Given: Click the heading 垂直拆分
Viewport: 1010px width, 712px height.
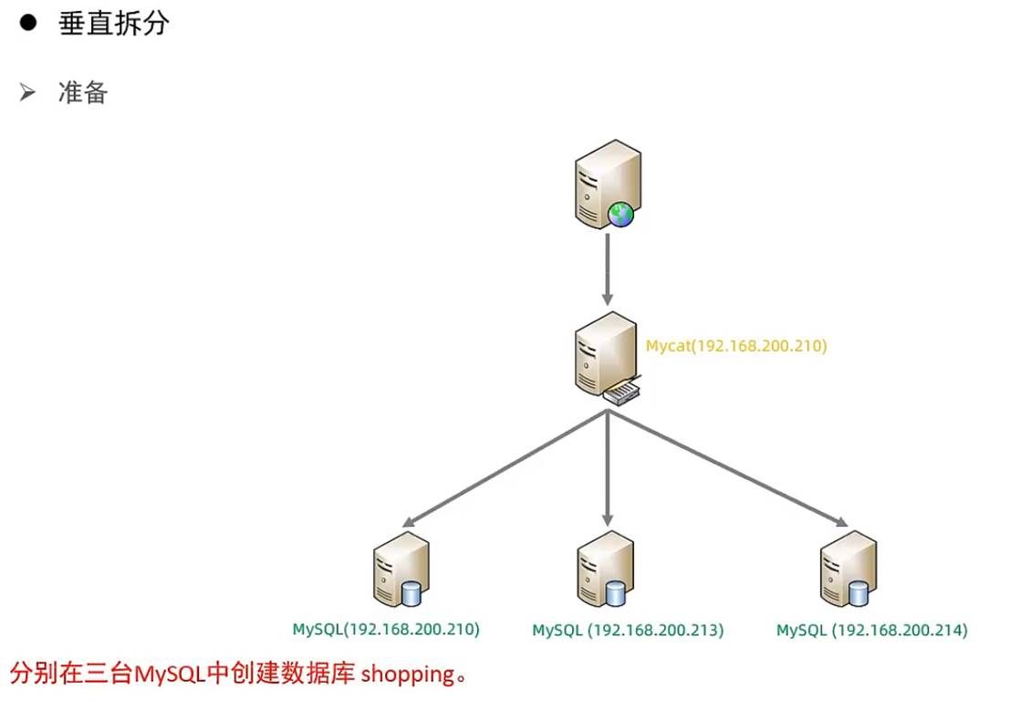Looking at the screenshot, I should (114, 24).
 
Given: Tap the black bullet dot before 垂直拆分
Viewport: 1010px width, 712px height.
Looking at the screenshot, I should (26, 24).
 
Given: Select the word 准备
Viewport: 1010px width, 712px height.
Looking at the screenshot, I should (82, 93).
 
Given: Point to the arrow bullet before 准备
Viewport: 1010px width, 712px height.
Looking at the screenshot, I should (27, 93).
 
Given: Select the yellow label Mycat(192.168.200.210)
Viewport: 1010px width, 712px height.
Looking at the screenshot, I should (736, 346).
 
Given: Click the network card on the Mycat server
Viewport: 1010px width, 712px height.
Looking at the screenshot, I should (624, 393).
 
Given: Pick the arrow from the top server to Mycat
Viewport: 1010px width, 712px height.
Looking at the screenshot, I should (608, 269).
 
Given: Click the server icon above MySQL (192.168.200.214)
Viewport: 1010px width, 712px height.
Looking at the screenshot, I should (848, 571).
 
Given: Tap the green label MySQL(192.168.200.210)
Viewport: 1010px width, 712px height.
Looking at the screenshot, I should (386, 629).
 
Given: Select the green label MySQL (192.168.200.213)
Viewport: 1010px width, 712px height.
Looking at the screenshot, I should (628, 630).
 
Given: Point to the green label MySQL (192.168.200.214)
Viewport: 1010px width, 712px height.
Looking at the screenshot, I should (871, 630).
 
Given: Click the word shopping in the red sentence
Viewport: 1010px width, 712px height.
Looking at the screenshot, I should (408, 675).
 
